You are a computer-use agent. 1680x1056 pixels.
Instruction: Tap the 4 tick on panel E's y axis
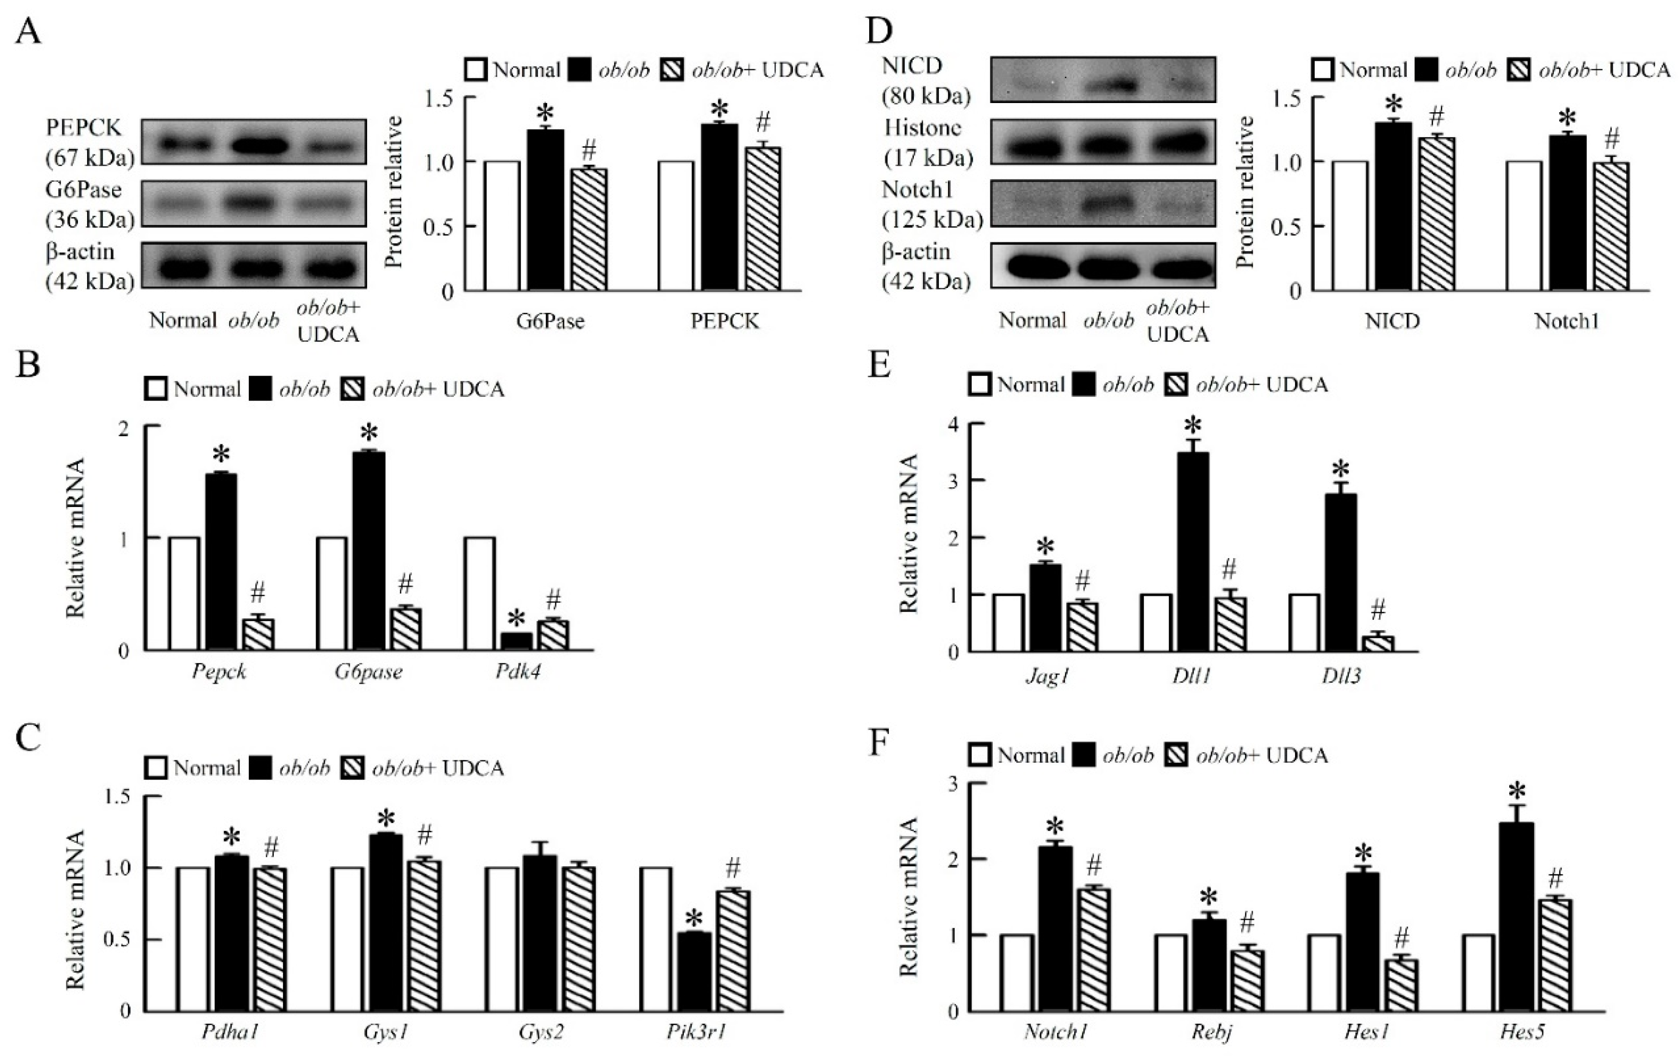click(x=954, y=424)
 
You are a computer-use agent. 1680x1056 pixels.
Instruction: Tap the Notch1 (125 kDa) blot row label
click(x=931, y=205)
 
